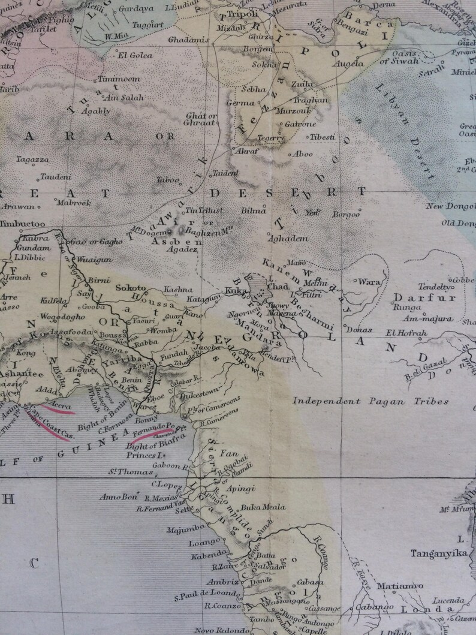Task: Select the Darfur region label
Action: pos(424,298)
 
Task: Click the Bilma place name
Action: pos(252,211)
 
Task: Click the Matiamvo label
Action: pos(400,586)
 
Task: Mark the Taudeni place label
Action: pos(56,177)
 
